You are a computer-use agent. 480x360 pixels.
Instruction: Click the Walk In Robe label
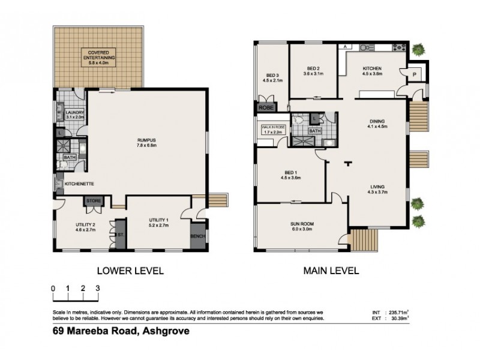271,130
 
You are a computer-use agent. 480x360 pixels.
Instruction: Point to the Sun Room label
302,226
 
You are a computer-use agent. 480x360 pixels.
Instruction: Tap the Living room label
377,189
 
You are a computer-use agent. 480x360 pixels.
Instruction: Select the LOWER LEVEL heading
127,271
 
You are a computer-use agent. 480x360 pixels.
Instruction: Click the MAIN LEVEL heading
331,271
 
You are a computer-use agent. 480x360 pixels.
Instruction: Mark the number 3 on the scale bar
97,289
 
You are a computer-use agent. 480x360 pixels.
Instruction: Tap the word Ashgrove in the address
162,330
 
